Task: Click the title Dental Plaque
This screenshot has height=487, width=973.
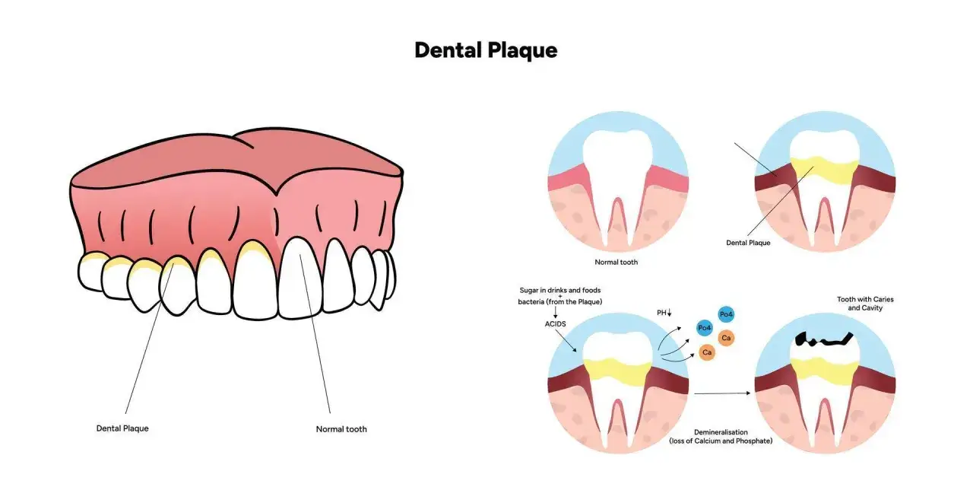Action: [486, 50]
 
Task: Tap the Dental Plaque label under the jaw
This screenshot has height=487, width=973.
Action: [122, 428]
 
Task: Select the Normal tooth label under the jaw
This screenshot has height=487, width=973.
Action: [341, 429]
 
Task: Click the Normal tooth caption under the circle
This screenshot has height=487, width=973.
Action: [616, 263]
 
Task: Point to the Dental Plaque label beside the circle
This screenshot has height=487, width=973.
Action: [748, 243]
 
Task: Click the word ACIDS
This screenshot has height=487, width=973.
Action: [555, 324]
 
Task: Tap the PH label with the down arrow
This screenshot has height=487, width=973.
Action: [664, 313]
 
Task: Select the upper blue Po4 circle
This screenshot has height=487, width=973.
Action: [726, 314]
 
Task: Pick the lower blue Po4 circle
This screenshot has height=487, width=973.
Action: [704, 328]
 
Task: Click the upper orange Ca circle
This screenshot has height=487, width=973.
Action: [726, 338]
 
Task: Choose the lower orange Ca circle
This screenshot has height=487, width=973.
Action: [707, 352]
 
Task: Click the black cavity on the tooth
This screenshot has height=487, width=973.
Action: [823, 340]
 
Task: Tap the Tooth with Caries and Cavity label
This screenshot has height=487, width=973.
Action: [865, 304]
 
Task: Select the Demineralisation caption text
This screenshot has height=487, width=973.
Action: [721, 437]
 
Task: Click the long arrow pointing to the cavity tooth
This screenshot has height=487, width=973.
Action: [722, 393]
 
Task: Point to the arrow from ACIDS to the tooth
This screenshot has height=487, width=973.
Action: [566, 341]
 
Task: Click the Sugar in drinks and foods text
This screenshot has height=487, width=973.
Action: [560, 290]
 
